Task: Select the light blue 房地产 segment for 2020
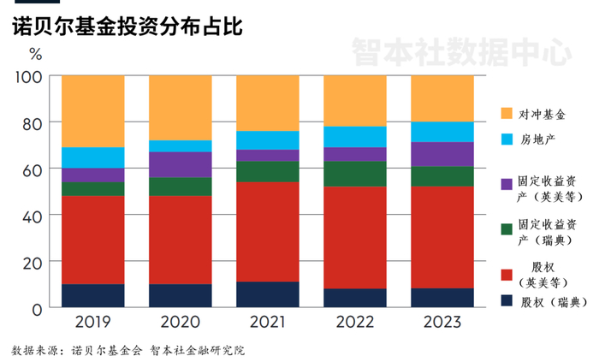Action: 181,145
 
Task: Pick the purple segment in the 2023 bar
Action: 442,154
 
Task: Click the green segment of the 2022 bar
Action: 355,174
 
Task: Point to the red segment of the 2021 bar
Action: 268,231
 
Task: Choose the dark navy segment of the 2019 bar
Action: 93,295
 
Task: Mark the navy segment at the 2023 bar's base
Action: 442,298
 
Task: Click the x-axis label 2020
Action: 181,322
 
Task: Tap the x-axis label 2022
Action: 355,322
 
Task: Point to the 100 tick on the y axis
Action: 29,77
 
